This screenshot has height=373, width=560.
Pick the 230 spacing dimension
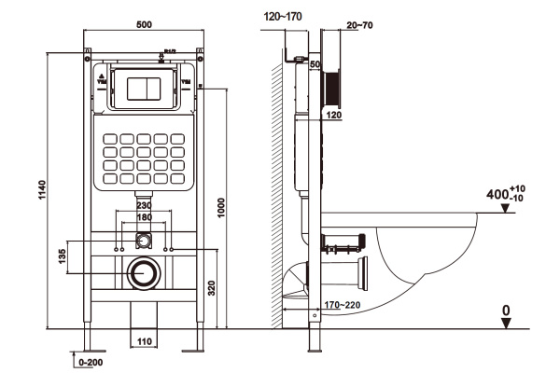[144, 205]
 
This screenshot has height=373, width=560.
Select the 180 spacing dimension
[144, 218]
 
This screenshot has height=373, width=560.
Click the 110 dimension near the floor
[144, 342]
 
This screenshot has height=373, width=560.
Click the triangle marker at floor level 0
[505, 323]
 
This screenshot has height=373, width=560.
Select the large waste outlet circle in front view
[144, 274]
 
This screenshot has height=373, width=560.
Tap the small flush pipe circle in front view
[144, 240]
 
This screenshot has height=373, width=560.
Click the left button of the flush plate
[133, 88]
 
